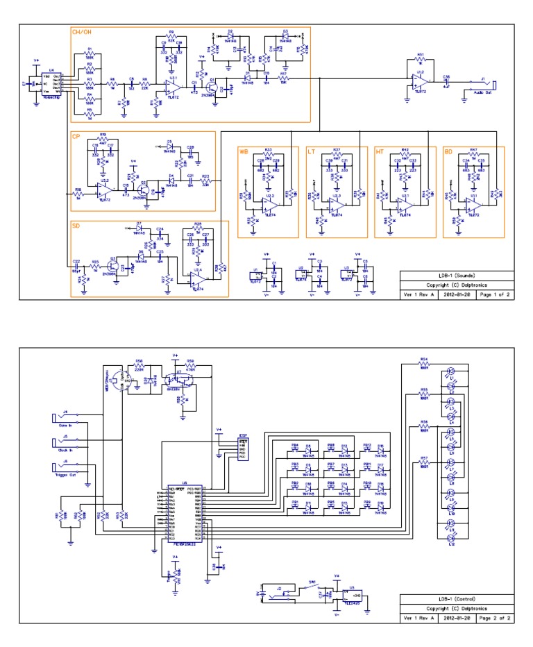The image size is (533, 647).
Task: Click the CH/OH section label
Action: tap(81, 31)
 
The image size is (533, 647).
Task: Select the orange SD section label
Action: tap(76, 226)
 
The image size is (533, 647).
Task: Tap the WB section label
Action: tap(244, 151)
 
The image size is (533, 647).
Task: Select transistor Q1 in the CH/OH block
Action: tap(215, 89)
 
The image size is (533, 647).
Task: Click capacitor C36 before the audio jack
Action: tap(446, 81)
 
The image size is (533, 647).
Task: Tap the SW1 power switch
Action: tap(312, 587)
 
